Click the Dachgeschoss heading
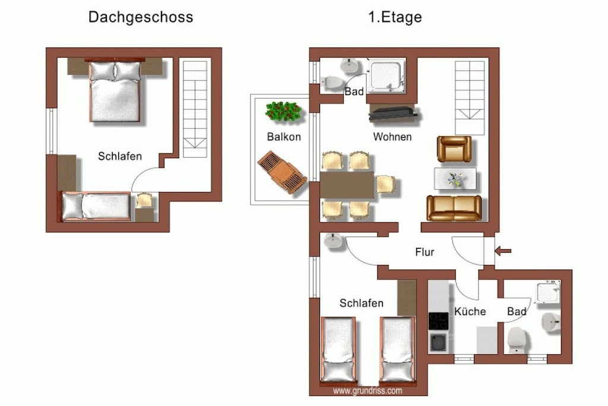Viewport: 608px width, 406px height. click(141, 17)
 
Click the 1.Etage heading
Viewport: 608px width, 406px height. click(395, 17)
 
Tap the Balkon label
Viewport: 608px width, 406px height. click(284, 137)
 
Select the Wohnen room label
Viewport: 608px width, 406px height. click(392, 137)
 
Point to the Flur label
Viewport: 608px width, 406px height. click(425, 252)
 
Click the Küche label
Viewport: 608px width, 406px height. click(470, 311)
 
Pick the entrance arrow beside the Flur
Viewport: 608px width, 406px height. click(503, 251)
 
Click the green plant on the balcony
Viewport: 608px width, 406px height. click(283, 111)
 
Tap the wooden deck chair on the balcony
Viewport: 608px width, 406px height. click(282, 172)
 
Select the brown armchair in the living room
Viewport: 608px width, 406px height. click(454, 149)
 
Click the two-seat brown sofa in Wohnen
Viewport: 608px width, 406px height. click(454, 208)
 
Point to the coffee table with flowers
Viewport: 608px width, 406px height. click(455, 178)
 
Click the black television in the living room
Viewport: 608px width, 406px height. click(393, 114)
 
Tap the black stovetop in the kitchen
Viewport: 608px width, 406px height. click(439, 321)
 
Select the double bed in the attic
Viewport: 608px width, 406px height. click(115, 92)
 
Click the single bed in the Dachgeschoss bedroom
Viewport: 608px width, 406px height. click(96, 206)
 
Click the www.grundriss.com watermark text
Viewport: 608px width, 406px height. click(368, 391)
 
